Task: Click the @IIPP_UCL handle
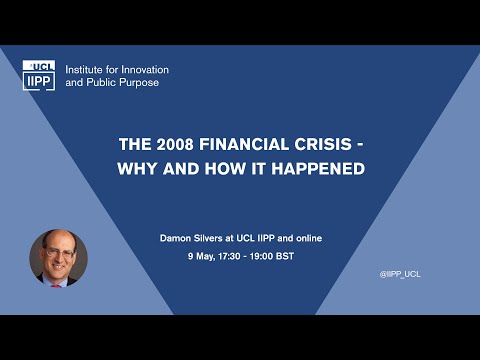coord(400,273)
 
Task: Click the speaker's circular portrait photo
coord(59,259)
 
